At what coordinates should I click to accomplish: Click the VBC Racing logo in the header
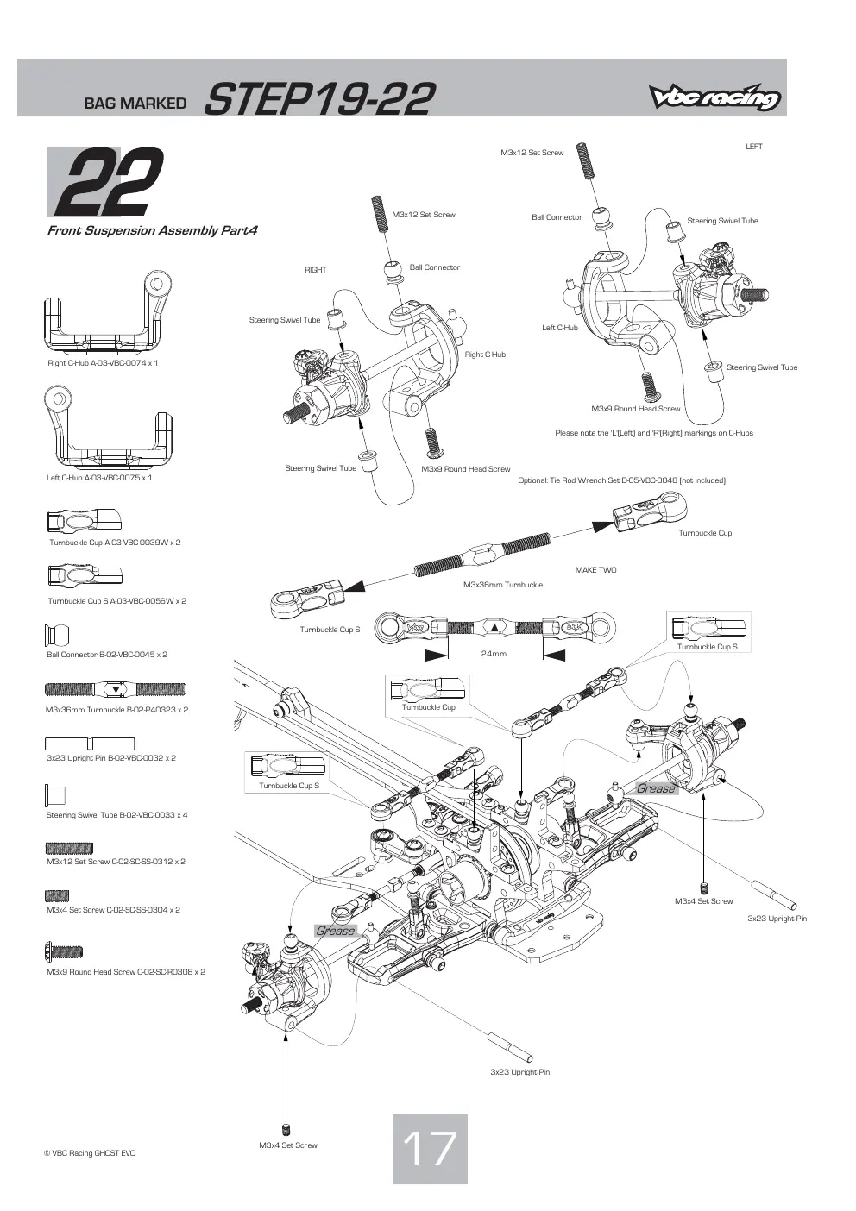coord(714,97)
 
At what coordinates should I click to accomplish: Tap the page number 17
coord(430,1149)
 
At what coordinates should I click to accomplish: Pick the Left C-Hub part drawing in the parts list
coord(108,428)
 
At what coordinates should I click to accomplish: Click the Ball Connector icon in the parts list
coord(57,635)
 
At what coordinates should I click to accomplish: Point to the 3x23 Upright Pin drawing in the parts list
coord(90,744)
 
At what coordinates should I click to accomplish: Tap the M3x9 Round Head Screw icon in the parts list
coord(64,951)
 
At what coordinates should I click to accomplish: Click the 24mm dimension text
coord(494,654)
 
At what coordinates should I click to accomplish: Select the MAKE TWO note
coord(595,570)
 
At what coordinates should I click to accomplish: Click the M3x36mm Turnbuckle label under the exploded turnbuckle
coord(503,585)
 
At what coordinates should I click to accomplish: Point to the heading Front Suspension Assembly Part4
coord(153,230)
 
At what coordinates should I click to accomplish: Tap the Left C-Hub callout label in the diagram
coord(560,328)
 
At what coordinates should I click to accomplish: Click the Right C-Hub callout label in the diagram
coord(485,355)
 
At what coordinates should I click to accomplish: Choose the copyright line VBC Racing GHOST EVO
coord(90,1153)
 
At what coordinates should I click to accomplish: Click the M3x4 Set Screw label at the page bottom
coord(287,1145)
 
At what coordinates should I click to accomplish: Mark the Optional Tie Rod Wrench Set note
coord(622,480)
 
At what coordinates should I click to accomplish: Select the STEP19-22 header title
coord(319,99)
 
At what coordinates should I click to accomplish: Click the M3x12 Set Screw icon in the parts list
coord(69,848)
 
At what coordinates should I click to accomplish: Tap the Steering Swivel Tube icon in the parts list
coord(55,795)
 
